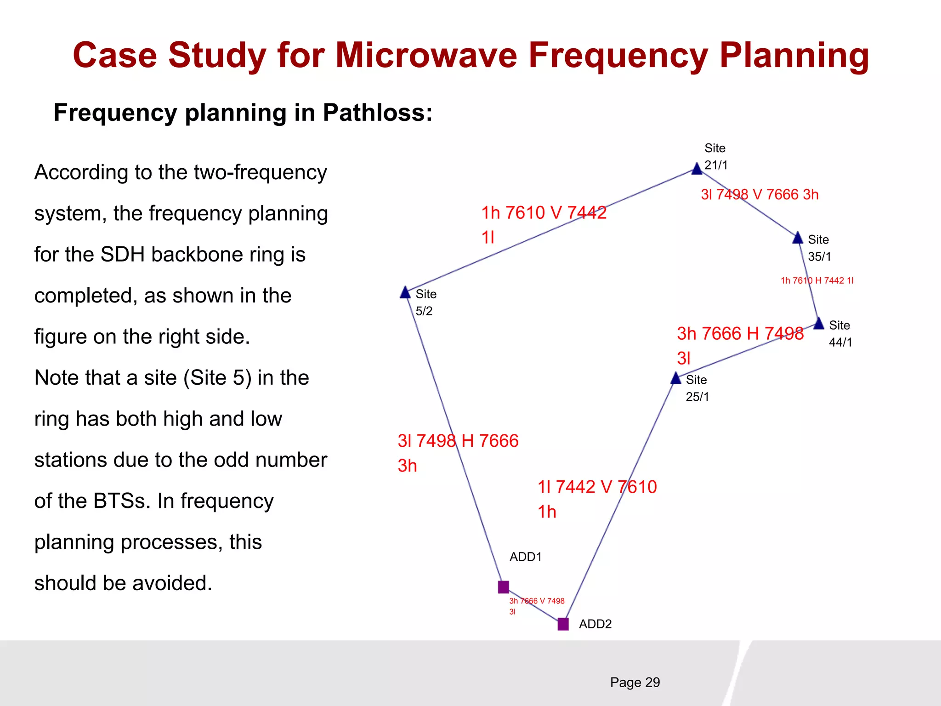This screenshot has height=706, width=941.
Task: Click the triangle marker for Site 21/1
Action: [x=697, y=169]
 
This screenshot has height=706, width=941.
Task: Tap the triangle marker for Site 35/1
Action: [x=798, y=238]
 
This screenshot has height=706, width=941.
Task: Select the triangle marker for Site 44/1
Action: [x=819, y=324]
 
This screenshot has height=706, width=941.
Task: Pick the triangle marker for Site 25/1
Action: [x=676, y=379]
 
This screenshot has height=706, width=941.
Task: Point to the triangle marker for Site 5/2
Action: [x=405, y=293]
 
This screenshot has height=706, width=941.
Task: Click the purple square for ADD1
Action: [x=504, y=587]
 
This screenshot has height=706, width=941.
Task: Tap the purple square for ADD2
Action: [x=563, y=624]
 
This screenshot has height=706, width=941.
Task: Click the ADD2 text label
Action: [x=595, y=624]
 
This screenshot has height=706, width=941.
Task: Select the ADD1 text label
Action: [x=526, y=557]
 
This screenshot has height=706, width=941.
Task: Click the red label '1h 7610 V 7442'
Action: [x=544, y=213]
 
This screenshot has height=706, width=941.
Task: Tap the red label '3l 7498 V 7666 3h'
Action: [x=760, y=194]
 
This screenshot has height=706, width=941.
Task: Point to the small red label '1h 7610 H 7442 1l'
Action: [x=817, y=280]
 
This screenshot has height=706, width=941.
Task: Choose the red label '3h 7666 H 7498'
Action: [x=740, y=334]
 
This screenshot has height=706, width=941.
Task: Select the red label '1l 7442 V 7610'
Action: [x=597, y=487]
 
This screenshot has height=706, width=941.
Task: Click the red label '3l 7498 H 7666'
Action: [x=458, y=441]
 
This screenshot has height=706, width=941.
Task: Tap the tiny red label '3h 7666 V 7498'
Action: [x=537, y=601]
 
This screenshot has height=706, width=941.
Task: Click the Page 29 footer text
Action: [x=635, y=683]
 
